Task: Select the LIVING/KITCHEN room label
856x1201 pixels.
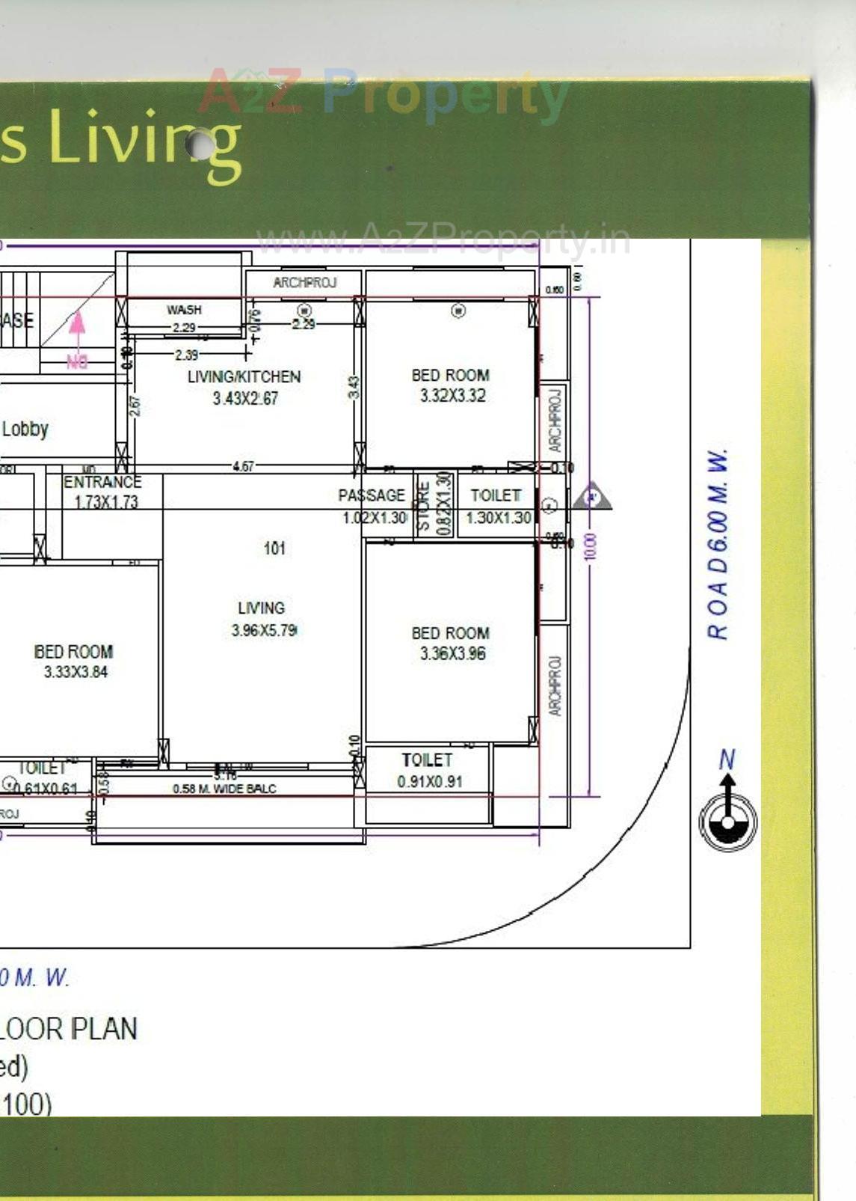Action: (x=244, y=377)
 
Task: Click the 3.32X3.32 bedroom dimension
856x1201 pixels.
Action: (x=452, y=396)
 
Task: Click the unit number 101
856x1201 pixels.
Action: (x=274, y=548)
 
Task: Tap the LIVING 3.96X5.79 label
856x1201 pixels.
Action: (x=262, y=619)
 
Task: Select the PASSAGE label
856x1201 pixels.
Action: (x=372, y=495)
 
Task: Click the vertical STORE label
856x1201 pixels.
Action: (x=423, y=506)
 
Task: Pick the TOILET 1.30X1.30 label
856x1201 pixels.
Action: (x=497, y=507)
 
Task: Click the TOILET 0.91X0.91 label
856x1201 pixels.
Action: (x=428, y=771)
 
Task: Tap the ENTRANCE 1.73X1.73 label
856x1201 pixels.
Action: (x=103, y=492)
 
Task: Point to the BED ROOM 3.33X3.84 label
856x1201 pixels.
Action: (x=74, y=661)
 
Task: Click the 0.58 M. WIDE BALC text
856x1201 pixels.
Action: (x=224, y=789)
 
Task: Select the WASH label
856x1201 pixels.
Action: (x=184, y=310)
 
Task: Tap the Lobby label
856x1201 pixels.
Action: (x=25, y=430)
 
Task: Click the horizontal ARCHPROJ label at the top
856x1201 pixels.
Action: (x=304, y=283)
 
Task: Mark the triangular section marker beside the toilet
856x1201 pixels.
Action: (x=592, y=497)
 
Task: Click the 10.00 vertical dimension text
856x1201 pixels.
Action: (x=591, y=547)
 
